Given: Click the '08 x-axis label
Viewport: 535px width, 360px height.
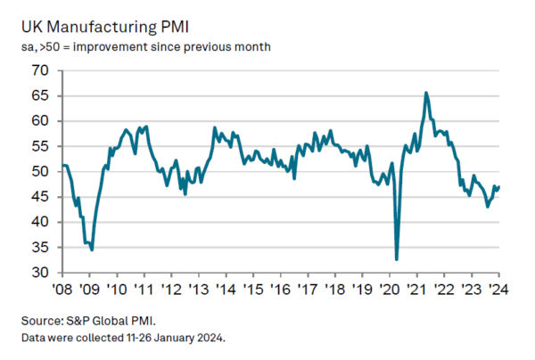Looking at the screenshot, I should coord(62,290).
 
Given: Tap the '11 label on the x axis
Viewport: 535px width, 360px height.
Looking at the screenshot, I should coord(144,290).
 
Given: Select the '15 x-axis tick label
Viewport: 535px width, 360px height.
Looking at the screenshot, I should coord(253,290).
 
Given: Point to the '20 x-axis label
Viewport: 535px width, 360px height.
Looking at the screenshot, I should coord(390,290).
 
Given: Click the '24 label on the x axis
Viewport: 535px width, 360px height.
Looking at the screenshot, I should coord(498,290).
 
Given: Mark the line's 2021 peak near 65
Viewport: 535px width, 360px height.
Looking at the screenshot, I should coord(426,93).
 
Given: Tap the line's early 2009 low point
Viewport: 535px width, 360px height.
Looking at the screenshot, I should coord(92,250).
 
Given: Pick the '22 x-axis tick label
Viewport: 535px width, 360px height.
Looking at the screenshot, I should coord(444,290).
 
